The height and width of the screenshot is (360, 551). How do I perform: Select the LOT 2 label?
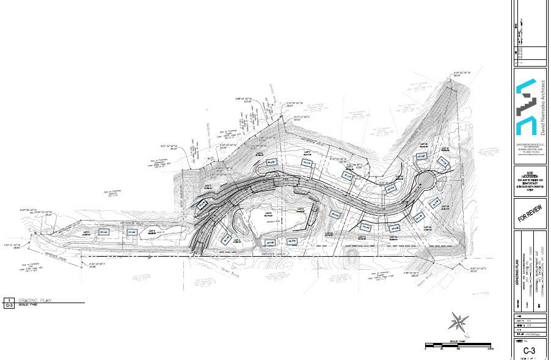(x=152, y=231)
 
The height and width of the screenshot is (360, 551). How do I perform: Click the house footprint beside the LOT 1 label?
(x=103, y=232)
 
